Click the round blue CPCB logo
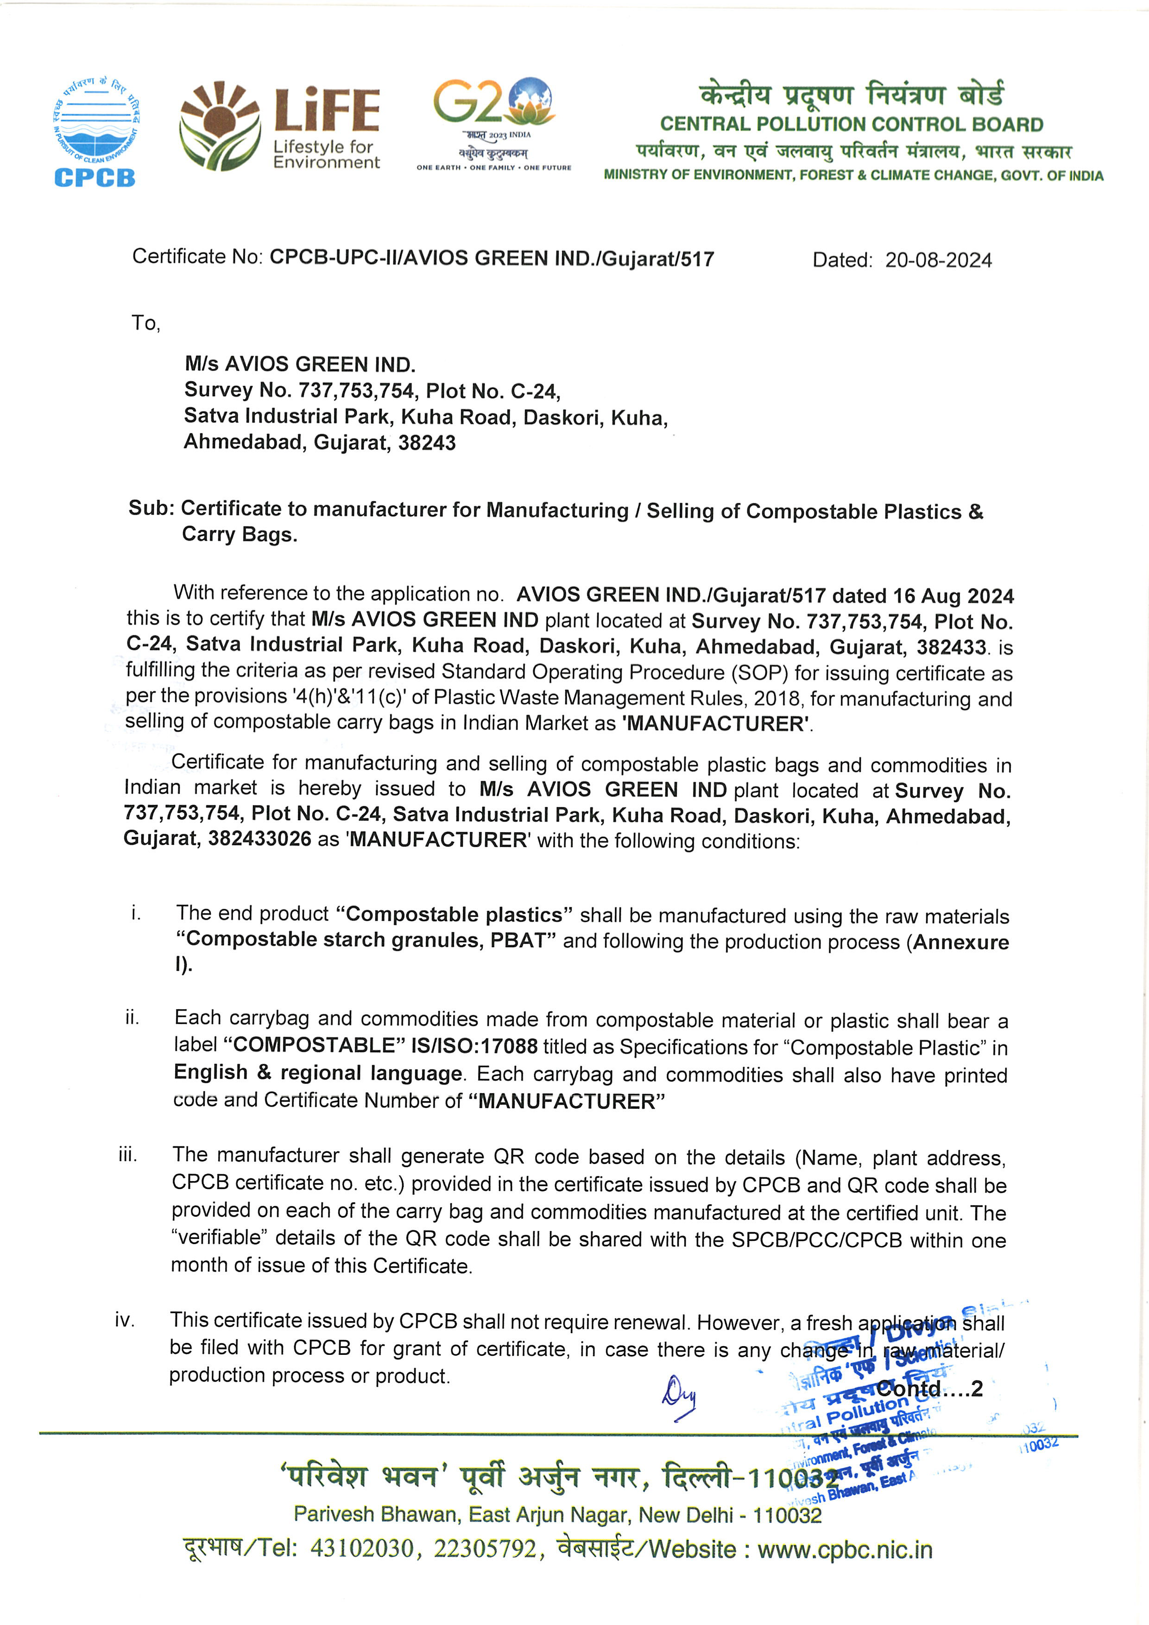click(x=95, y=131)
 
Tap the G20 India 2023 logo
click(x=494, y=124)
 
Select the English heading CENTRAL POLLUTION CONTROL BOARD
click(x=851, y=125)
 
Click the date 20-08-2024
click(x=938, y=260)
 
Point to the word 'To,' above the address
click(x=146, y=323)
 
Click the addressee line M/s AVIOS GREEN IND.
click(x=300, y=365)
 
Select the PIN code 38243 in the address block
click(x=427, y=443)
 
